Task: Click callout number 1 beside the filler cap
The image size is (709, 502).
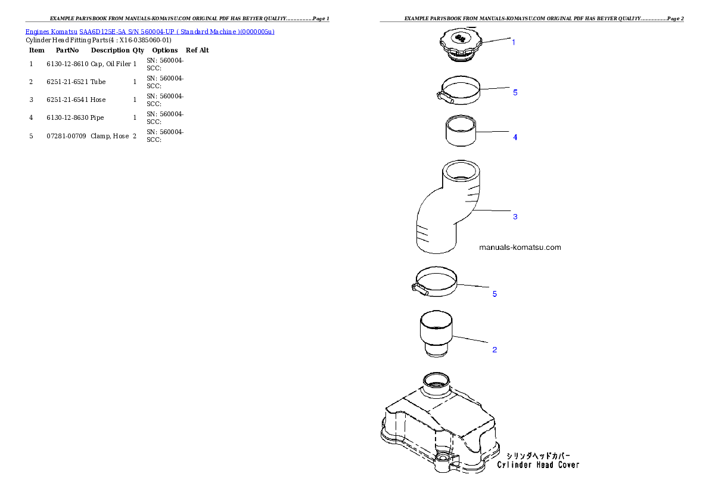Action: [x=514, y=42]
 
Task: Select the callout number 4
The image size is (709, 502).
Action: [x=515, y=137]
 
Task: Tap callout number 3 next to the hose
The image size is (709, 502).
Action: [x=515, y=216]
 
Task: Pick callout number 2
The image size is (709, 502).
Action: [x=495, y=349]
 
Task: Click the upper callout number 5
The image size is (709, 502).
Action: [x=515, y=92]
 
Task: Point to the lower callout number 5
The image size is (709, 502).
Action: [x=495, y=294]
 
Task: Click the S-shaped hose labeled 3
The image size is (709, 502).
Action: [x=447, y=209]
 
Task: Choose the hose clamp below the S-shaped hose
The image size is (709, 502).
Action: [x=437, y=281]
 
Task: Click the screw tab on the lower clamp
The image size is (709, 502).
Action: [x=417, y=289]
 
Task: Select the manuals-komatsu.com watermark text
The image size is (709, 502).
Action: [x=520, y=247]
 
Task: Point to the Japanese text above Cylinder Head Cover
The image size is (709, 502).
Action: [x=538, y=454]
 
